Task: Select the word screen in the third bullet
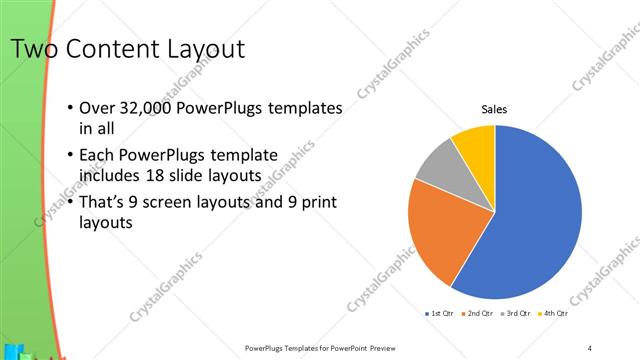[188, 202]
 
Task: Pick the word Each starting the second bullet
[96, 156]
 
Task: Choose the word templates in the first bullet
[305, 108]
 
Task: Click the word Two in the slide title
[33, 47]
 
